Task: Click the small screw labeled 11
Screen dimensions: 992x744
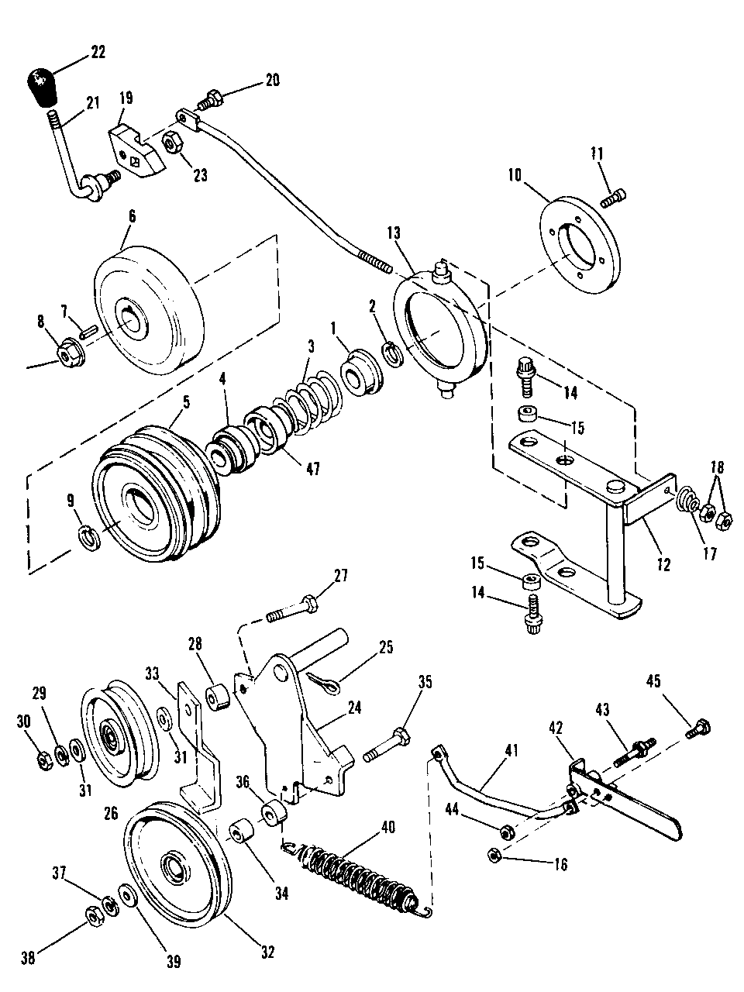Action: (x=613, y=198)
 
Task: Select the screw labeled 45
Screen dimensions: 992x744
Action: (x=697, y=729)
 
